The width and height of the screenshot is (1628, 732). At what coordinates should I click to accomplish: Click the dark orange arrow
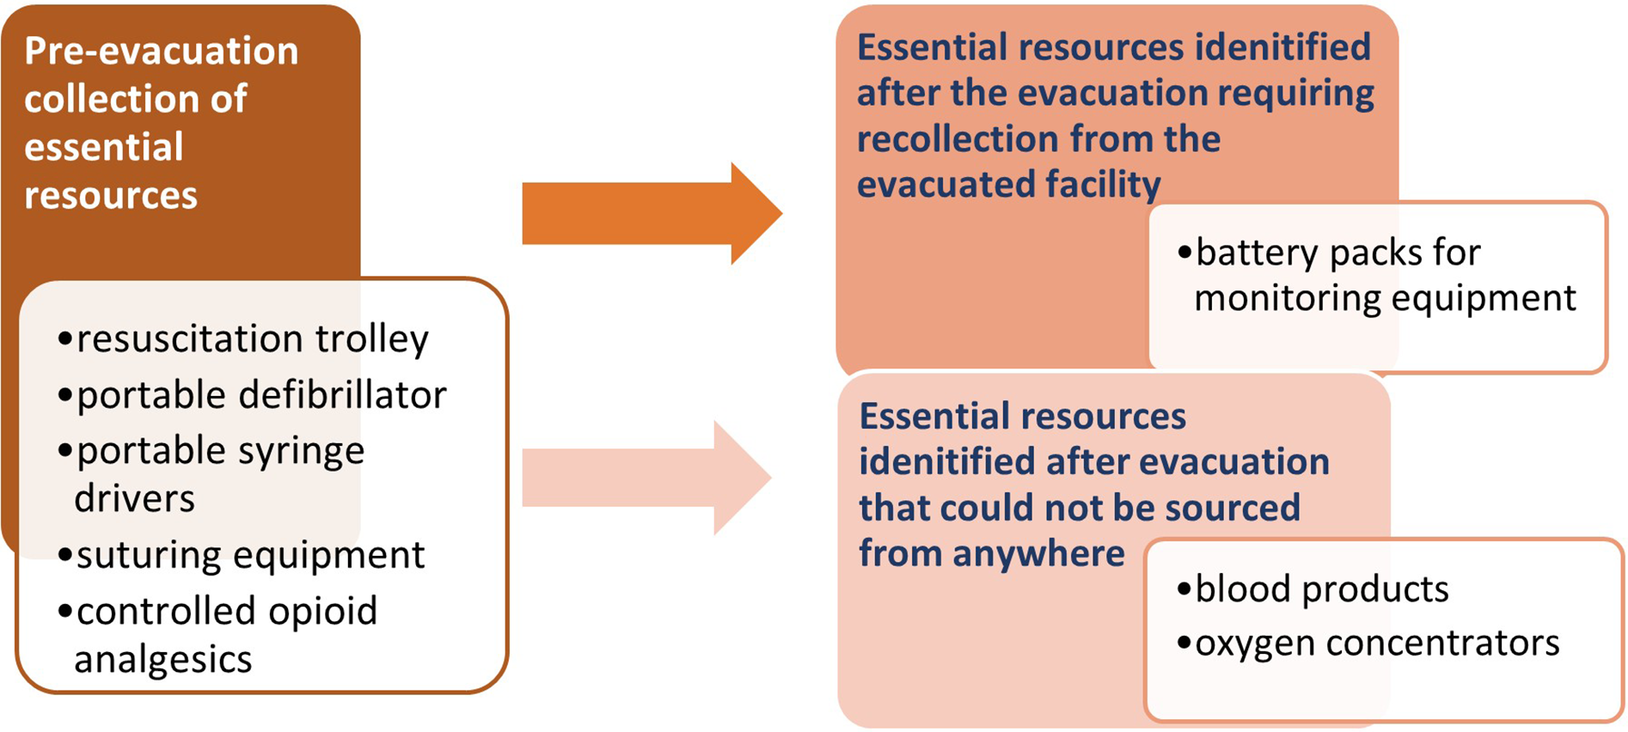(652, 214)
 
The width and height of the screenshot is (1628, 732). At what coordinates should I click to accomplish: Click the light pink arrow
(647, 478)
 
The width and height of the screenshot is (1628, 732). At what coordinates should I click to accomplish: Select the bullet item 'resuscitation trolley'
(243, 339)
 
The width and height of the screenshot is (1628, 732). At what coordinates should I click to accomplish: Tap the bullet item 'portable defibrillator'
(252, 395)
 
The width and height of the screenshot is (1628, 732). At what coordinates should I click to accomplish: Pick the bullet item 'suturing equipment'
(241, 555)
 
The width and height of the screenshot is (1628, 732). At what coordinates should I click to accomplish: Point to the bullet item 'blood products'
(1313, 589)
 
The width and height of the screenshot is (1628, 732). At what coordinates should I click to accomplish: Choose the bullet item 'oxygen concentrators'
(1368, 643)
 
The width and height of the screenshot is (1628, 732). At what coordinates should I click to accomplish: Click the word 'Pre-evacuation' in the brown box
(161, 51)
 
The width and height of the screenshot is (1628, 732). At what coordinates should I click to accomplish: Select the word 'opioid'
(323, 612)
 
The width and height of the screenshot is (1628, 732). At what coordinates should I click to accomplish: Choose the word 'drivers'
(134, 499)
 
